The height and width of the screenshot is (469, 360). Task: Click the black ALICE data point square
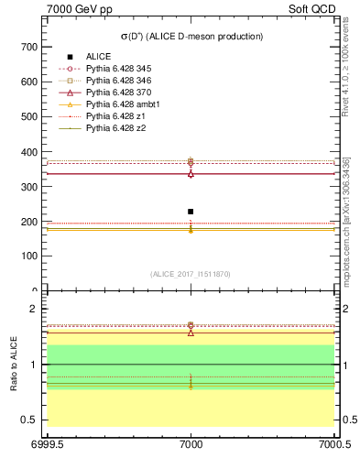click(x=191, y=212)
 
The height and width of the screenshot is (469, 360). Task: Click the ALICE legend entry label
click(x=99, y=57)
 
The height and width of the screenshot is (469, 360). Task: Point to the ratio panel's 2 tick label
click(x=35, y=309)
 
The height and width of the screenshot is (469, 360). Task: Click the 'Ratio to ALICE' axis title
click(x=13, y=365)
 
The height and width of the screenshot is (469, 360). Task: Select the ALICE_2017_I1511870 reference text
click(x=191, y=274)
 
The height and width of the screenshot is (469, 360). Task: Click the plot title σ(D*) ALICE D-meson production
click(x=191, y=37)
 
